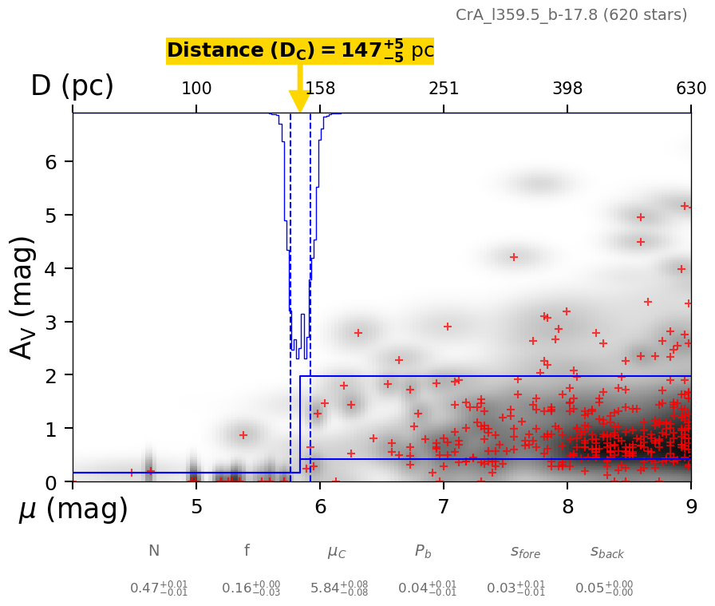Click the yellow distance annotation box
tap(300, 51)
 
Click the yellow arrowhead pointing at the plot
tap(300, 102)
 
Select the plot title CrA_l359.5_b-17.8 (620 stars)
tap(571, 15)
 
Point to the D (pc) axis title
tap(72, 86)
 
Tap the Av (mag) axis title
tap(23, 297)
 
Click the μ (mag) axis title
tap(73, 509)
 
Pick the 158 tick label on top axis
tap(320, 89)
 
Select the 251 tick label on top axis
tap(444, 89)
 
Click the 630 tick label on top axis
tap(691, 89)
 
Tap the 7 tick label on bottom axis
tap(444, 508)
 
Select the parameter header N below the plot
tap(154, 551)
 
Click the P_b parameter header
tap(424, 552)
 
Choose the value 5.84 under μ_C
tap(339, 588)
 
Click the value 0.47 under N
tap(159, 588)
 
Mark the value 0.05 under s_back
tap(604, 588)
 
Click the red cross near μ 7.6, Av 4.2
tap(514, 257)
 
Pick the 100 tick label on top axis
tap(196, 89)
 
